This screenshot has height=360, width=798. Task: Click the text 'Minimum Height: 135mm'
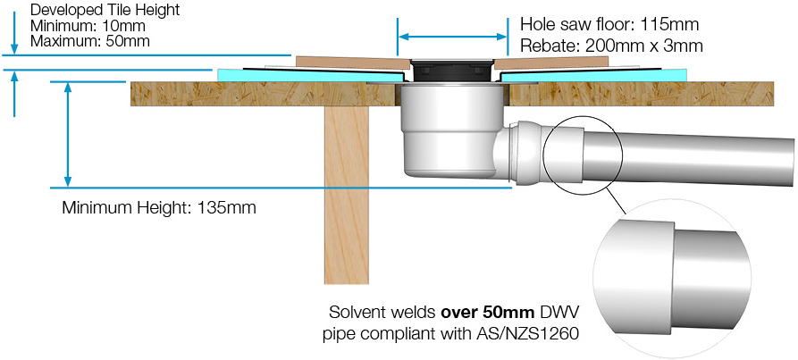[159, 208]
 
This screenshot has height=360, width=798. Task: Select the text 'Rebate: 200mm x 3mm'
[610, 46]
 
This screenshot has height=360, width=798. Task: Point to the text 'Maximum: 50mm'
[90, 41]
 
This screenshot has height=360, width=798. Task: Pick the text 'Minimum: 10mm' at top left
[88, 25]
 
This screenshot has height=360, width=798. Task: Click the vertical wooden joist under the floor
[346, 195]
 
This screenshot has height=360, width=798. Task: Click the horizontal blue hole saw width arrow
[452, 37]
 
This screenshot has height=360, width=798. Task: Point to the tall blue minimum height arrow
[67, 134]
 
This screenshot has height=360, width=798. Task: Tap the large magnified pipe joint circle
[672, 278]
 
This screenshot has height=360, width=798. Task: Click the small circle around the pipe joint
[584, 155]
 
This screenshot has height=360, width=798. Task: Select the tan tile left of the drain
[353, 63]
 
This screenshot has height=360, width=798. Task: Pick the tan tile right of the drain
[550, 63]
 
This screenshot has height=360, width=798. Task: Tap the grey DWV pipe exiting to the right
[688, 156]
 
